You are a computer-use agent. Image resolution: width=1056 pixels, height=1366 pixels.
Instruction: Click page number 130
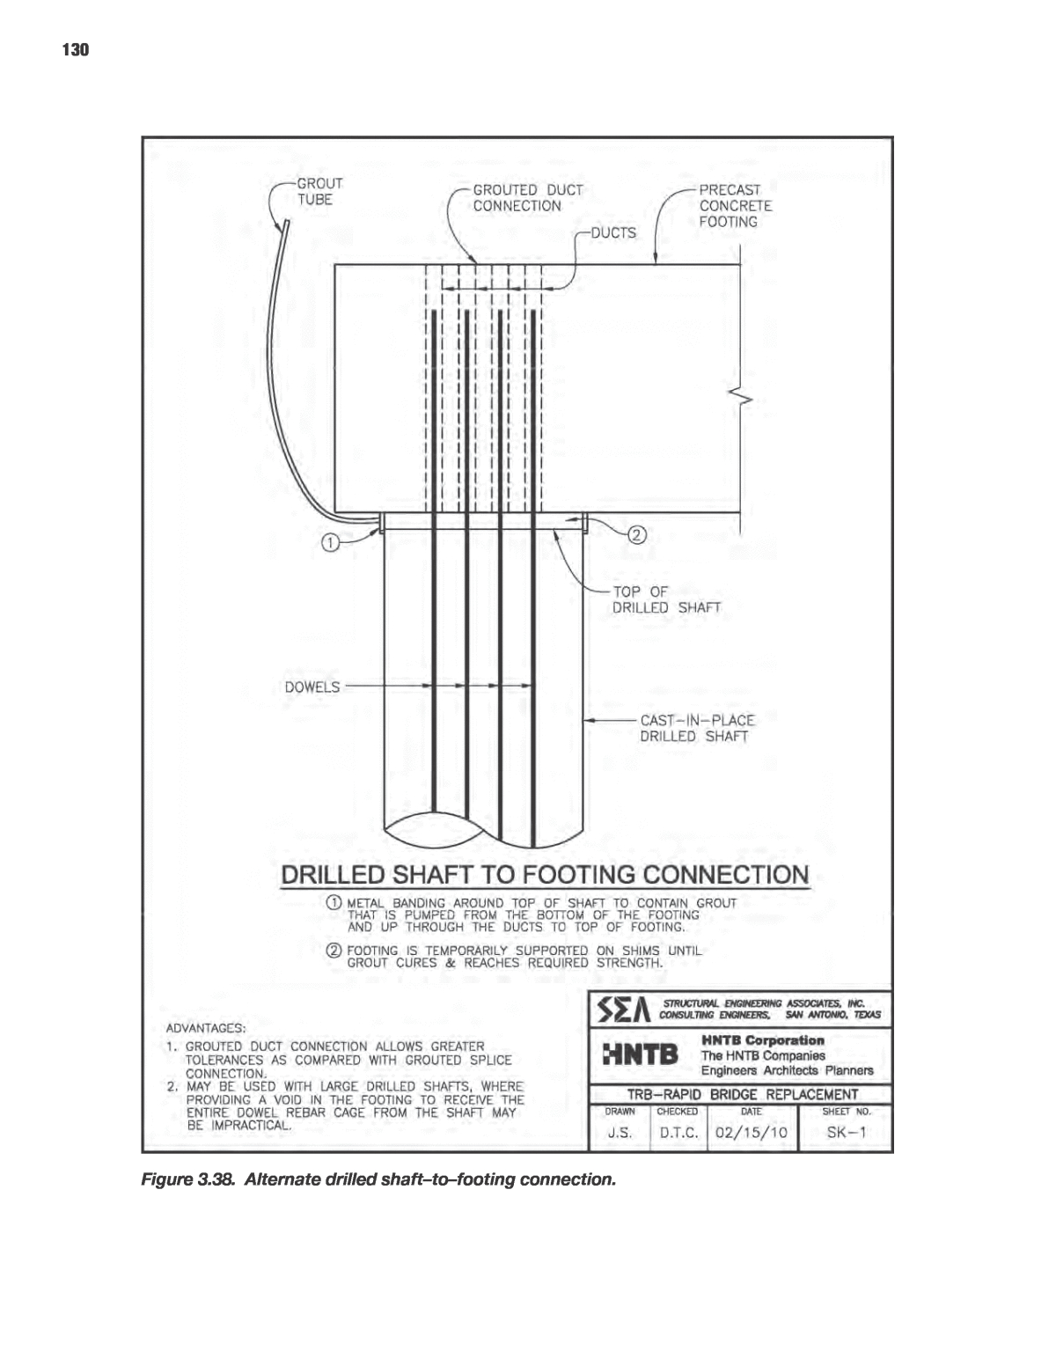point(76,50)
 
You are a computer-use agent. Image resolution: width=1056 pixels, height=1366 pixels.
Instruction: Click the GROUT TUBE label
point(317,192)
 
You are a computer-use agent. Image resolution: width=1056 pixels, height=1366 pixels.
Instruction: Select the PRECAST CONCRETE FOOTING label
point(735,206)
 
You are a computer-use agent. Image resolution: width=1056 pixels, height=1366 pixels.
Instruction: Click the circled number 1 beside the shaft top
point(328,543)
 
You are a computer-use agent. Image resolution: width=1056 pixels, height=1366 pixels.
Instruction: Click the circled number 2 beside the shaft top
point(637,534)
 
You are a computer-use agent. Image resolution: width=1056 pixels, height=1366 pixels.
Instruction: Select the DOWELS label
point(311,687)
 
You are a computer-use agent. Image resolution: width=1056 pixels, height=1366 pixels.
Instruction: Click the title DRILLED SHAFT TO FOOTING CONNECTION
point(544,875)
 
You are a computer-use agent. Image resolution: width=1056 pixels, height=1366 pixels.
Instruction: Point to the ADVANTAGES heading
point(206,1027)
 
